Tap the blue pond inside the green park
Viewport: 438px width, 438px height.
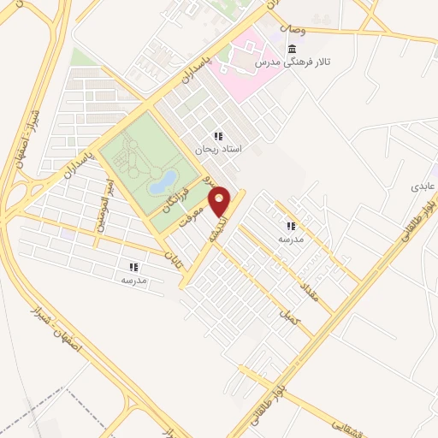point(163,181)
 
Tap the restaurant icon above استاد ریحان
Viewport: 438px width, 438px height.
point(218,135)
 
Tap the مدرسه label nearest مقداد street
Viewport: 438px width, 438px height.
point(290,240)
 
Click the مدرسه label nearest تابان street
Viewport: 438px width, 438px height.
point(134,280)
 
